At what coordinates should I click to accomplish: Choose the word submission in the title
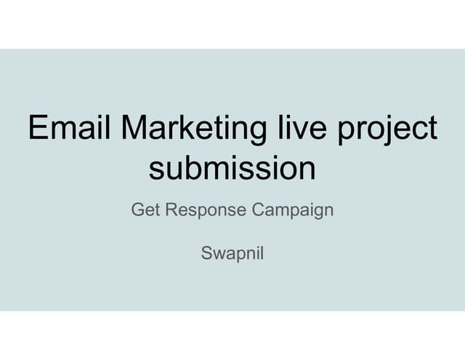(x=232, y=169)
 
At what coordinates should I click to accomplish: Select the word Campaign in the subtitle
(x=293, y=211)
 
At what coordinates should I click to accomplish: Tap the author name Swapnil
(x=232, y=255)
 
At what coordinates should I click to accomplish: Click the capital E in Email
(x=36, y=129)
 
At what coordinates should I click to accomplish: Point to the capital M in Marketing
(x=137, y=129)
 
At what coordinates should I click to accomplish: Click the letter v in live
(x=300, y=131)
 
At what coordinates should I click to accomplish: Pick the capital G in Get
(x=137, y=210)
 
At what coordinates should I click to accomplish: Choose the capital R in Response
(x=171, y=210)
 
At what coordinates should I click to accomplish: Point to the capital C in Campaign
(x=257, y=210)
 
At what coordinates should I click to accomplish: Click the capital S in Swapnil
(x=206, y=255)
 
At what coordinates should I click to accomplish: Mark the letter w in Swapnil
(x=217, y=256)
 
